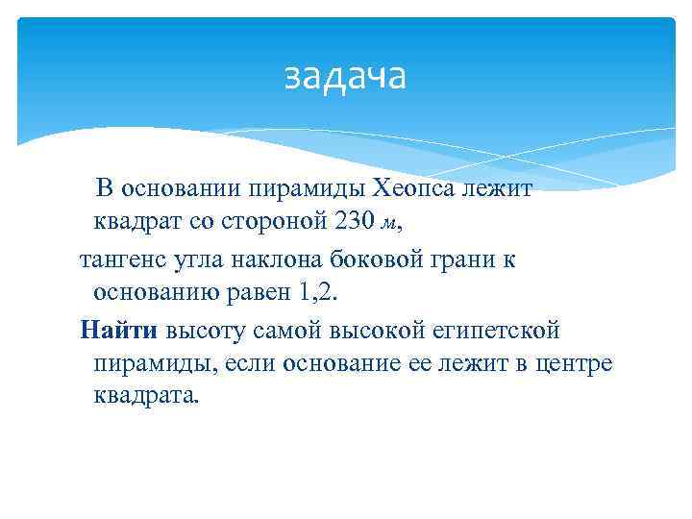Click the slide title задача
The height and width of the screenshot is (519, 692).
point(345,76)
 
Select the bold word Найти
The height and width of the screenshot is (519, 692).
point(119,331)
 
